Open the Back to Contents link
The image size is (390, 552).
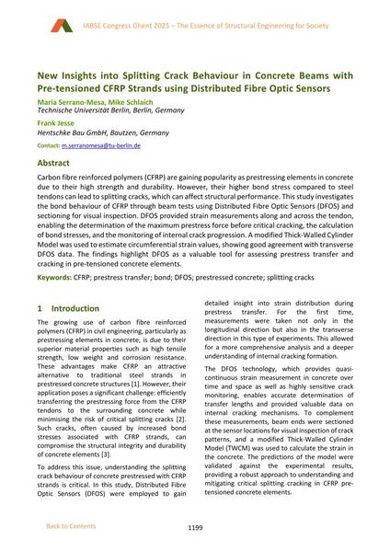click(x=70, y=526)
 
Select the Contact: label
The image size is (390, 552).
click(x=50, y=146)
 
